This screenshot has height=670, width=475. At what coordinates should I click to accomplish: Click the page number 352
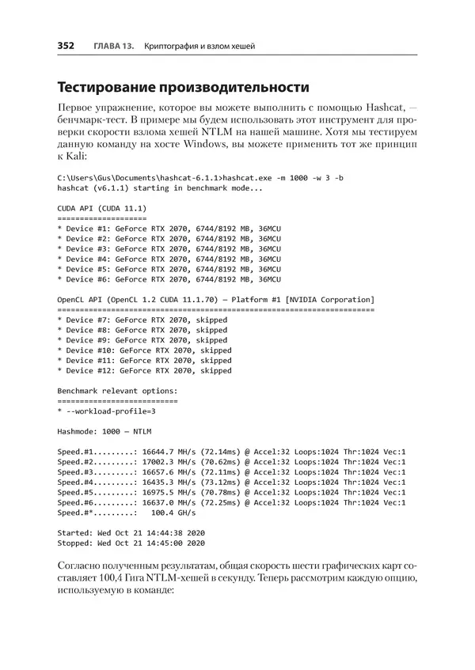point(66,47)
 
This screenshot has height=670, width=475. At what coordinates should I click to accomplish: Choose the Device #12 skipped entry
point(145,370)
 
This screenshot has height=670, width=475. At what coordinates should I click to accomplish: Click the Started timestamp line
point(131,533)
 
